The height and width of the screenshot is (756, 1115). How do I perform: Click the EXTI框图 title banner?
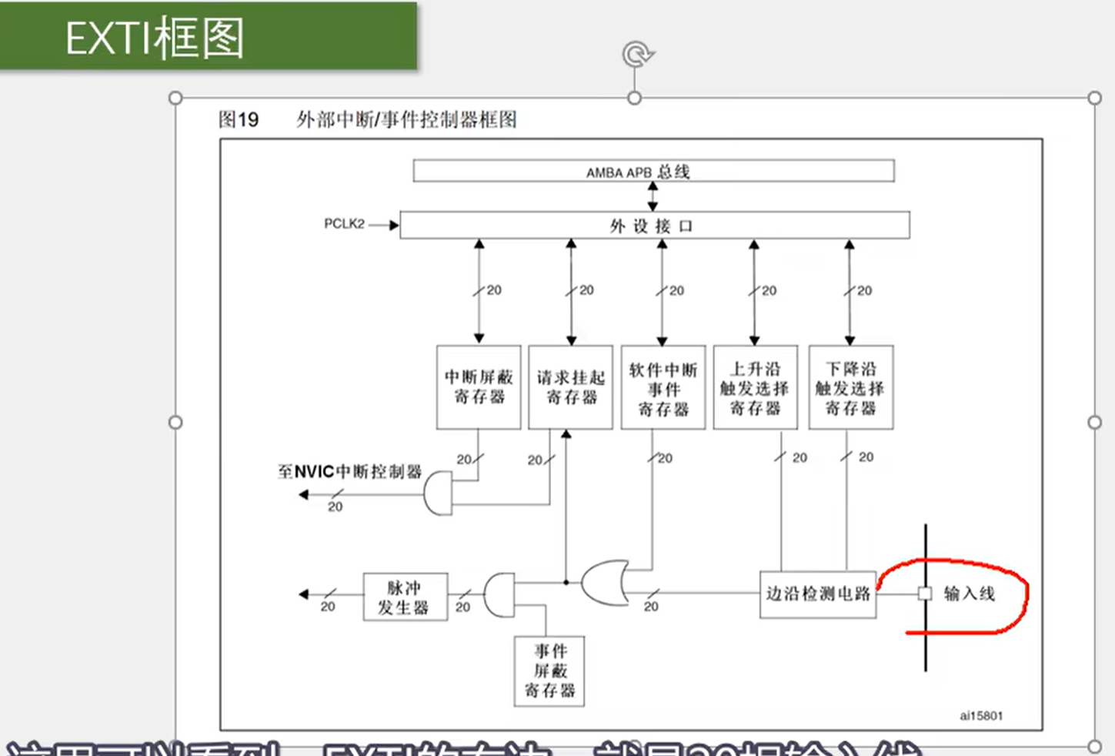pyautogui.click(x=208, y=37)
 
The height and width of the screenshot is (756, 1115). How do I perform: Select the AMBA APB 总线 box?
pyautogui.click(x=653, y=171)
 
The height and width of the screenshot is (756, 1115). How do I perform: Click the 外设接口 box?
pyautogui.click(x=654, y=226)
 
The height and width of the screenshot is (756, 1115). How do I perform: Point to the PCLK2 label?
pyautogui.click(x=344, y=224)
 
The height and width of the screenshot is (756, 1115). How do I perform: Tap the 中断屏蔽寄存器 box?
pyautogui.click(x=479, y=387)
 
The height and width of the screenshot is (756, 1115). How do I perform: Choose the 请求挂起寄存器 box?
pyautogui.click(x=571, y=387)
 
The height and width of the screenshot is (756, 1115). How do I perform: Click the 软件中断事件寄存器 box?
pyautogui.click(x=663, y=387)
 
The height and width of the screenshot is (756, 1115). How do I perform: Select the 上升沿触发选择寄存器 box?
pyautogui.click(x=755, y=387)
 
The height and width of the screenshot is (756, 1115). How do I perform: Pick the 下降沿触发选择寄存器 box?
pyautogui.click(x=850, y=387)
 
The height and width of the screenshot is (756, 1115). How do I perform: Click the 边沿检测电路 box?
pyautogui.click(x=817, y=594)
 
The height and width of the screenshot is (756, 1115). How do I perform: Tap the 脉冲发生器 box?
pyautogui.click(x=405, y=597)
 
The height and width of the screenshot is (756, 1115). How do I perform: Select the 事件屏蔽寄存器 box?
pyautogui.click(x=549, y=671)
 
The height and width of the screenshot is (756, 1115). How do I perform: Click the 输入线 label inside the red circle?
pyautogui.click(x=970, y=594)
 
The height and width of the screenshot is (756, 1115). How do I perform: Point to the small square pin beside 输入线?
pyautogui.click(x=925, y=594)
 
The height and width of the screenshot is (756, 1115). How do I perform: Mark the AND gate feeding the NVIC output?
pyautogui.click(x=438, y=493)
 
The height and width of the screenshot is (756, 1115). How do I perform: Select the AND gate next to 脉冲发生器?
pyautogui.click(x=499, y=594)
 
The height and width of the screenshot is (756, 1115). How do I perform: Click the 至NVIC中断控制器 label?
pyautogui.click(x=349, y=471)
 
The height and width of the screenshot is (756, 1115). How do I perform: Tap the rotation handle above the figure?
pyautogui.click(x=636, y=55)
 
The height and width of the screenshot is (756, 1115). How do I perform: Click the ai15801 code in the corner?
pyautogui.click(x=981, y=716)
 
